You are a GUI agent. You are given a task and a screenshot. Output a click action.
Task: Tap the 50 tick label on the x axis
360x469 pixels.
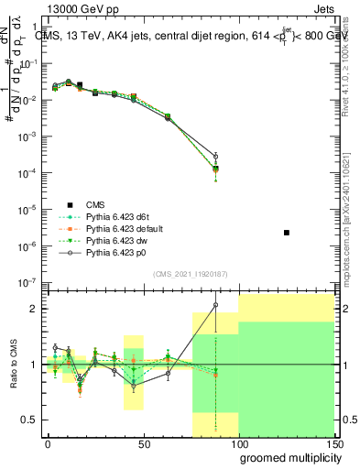(143, 442)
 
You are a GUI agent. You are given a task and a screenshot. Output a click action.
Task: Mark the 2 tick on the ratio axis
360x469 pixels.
(33, 309)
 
